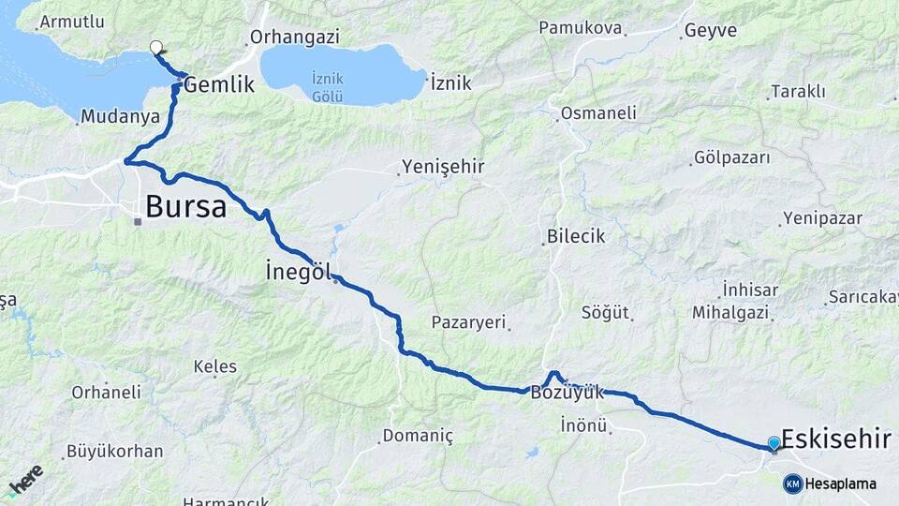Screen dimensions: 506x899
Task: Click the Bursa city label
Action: pos(185,206)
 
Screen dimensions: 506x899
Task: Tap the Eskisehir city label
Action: pos(835,439)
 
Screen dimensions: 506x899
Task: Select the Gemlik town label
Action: pos(219,84)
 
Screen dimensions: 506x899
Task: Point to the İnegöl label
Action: pos(299,272)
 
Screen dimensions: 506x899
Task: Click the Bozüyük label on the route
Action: pos(567,393)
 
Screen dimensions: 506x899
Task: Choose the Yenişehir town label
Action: pos(442,167)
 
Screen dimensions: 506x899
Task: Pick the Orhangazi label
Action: pos(286,39)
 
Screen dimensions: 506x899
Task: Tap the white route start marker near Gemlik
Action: pos(156,47)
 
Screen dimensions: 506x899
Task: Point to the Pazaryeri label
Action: pos(469,322)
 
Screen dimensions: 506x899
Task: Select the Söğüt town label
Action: pos(605,312)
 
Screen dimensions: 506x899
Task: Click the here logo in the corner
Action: pos(25,481)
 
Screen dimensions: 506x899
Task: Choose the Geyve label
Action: pos(711,30)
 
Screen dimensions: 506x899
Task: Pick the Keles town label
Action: pos(214,366)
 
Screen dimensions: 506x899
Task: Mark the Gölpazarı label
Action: pos(732,157)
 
